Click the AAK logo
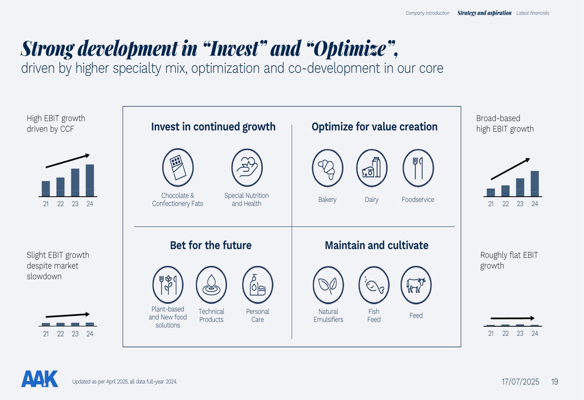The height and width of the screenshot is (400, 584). pyautogui.click(x=40, y=379)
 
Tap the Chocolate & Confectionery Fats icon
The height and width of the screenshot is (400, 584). pyautogui.click(x=178, y=168)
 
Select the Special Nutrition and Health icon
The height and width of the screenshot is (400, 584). pyautogui.click(x=247, y=168)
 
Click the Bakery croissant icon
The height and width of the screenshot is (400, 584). pyautogui.click(x=328, y=168)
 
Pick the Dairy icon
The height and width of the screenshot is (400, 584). pyautogui.click(x=372, y=168)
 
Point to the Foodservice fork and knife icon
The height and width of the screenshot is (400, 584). pyautogui.click(x=418, y=168)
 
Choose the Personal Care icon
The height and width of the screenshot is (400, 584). pyautogui.click(x=258, y=285)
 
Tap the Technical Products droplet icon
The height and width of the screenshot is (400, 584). pyautogui.click(x=211, y=285)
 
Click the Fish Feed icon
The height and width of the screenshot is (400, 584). pyautogui.click(x=374, y=285)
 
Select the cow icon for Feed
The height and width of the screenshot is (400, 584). pyautogui.click(x=416, y=285)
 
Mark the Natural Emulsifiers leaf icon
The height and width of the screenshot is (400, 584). pyautogui.click(x=328, y=285)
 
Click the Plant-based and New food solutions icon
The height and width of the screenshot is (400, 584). pyautogui.click(x=168, y=285)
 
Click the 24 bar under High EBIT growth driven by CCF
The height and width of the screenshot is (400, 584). pyautogui.click(x=90, y=180)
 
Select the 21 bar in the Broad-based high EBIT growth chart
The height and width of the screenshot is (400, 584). pyautogui.click(x=491, y=192)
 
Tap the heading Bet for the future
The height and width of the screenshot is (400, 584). pyautogui.click(x=211, y=245)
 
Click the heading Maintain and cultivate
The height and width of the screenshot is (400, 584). pyautogui.click(x=376, y=245)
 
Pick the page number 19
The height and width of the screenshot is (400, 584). pyautogui.click(x=555, y=382)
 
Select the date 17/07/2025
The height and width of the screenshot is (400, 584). pyautogui.click(x=520, y=382)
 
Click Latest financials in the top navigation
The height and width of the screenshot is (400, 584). pyautogui.click(x=533, y=13)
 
